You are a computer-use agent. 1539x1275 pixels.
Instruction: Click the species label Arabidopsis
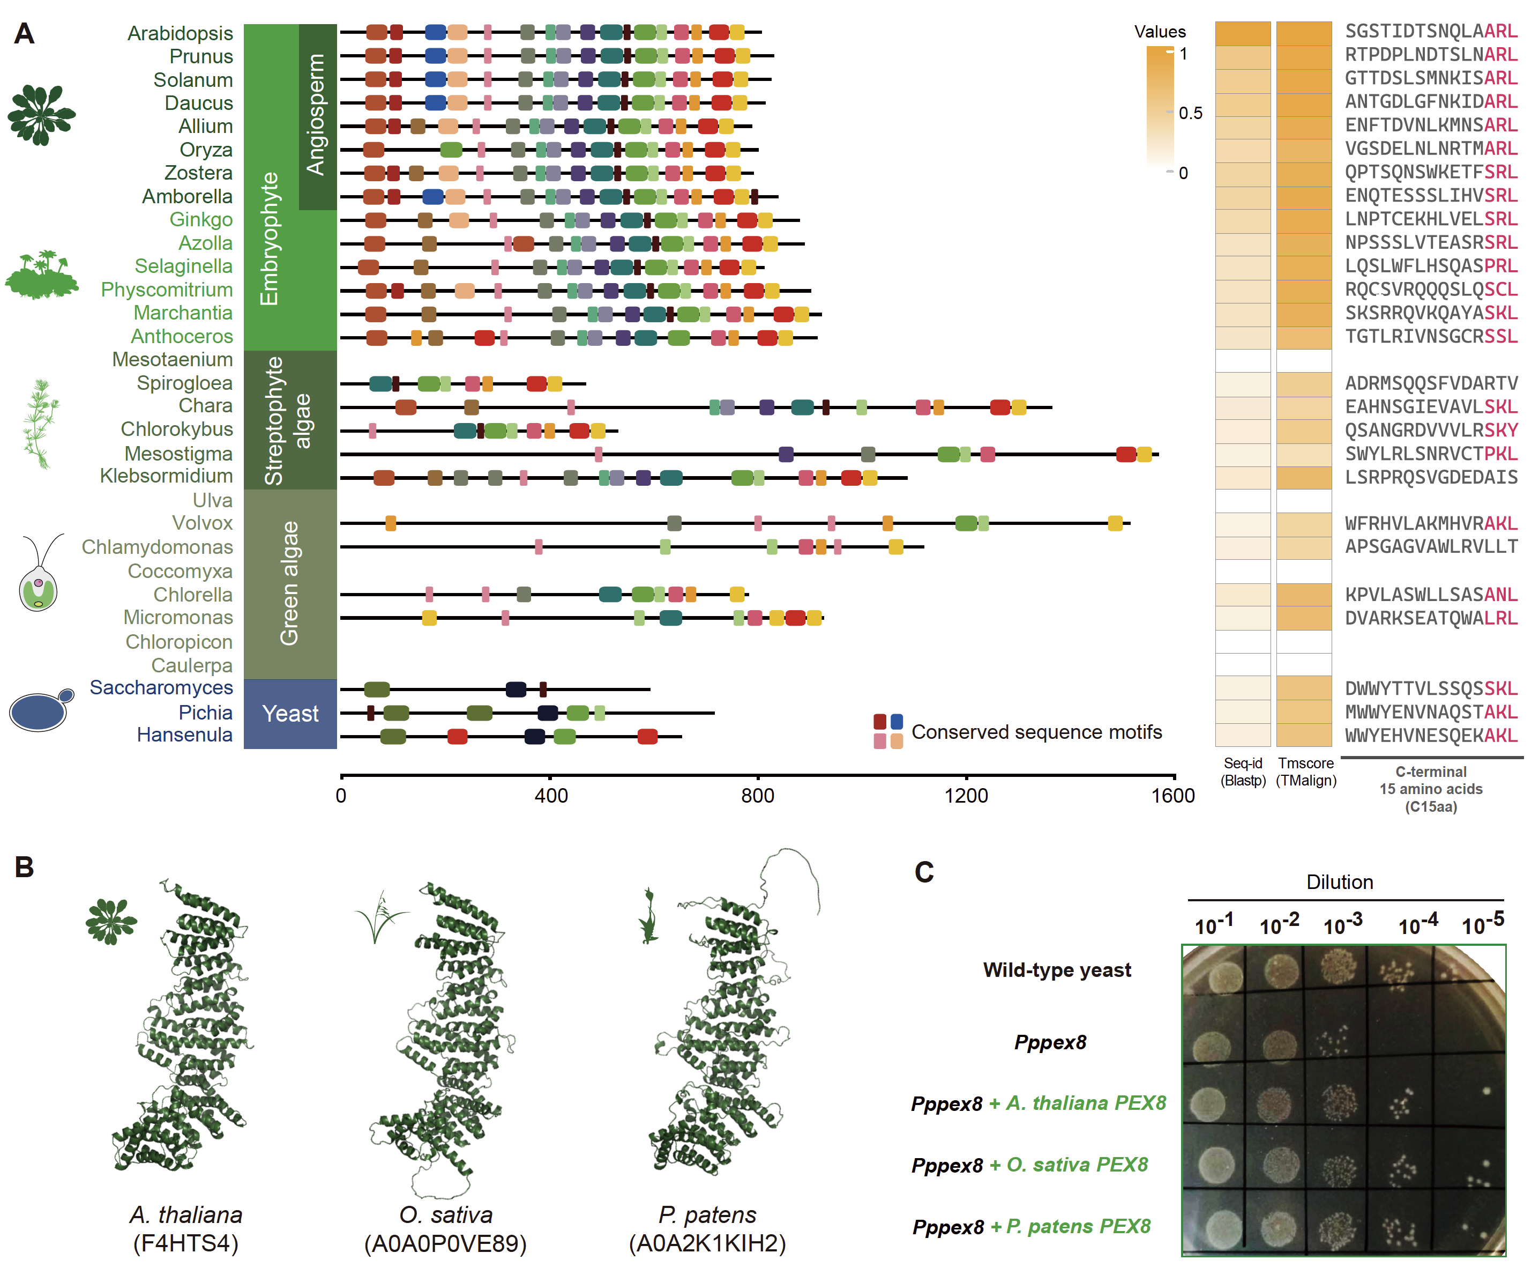[180, 33]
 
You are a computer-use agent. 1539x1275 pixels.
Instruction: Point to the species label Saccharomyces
[161, 688]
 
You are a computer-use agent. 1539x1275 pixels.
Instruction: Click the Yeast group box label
[290, 714]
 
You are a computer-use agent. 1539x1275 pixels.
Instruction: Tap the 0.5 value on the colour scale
[1190, 113]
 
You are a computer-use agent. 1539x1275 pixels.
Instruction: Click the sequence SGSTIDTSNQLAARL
[1431, 32]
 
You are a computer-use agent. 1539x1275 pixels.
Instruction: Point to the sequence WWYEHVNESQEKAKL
[1431, 736]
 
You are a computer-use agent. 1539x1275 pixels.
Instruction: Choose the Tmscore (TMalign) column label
[1306, 772]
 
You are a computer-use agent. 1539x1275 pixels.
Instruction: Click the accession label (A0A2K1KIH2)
[707, 1243]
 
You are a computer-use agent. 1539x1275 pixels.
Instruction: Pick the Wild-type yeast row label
[1057, 970]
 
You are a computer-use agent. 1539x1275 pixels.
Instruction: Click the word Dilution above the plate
[1340, 882]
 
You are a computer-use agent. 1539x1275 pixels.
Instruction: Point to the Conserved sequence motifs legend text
[1036, 732]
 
